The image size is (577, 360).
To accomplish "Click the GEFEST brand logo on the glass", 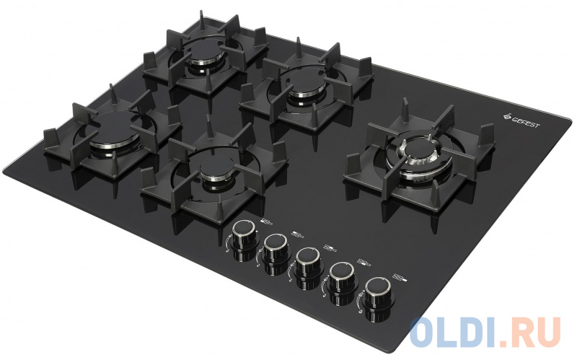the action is [x=521, y=120].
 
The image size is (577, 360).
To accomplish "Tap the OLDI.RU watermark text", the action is [x=485, y=333].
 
